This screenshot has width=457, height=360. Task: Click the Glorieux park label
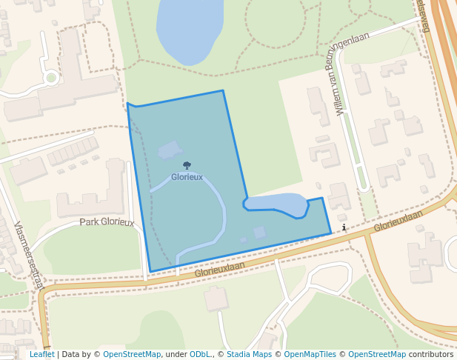187,178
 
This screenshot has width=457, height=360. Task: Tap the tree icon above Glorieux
187,166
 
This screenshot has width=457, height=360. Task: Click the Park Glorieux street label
107,221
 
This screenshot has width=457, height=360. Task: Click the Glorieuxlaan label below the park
219,270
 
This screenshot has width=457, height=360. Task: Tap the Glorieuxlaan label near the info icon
398,221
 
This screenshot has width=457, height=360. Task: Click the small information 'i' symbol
344,227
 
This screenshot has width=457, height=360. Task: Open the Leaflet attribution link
41,354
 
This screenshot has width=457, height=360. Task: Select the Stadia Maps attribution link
249,354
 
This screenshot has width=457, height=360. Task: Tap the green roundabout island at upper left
51,77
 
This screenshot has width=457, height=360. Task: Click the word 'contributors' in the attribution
431,354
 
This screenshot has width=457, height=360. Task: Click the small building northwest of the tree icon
170,149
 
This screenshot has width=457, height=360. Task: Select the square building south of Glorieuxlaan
216,299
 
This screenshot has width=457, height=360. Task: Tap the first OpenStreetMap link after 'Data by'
132,354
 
